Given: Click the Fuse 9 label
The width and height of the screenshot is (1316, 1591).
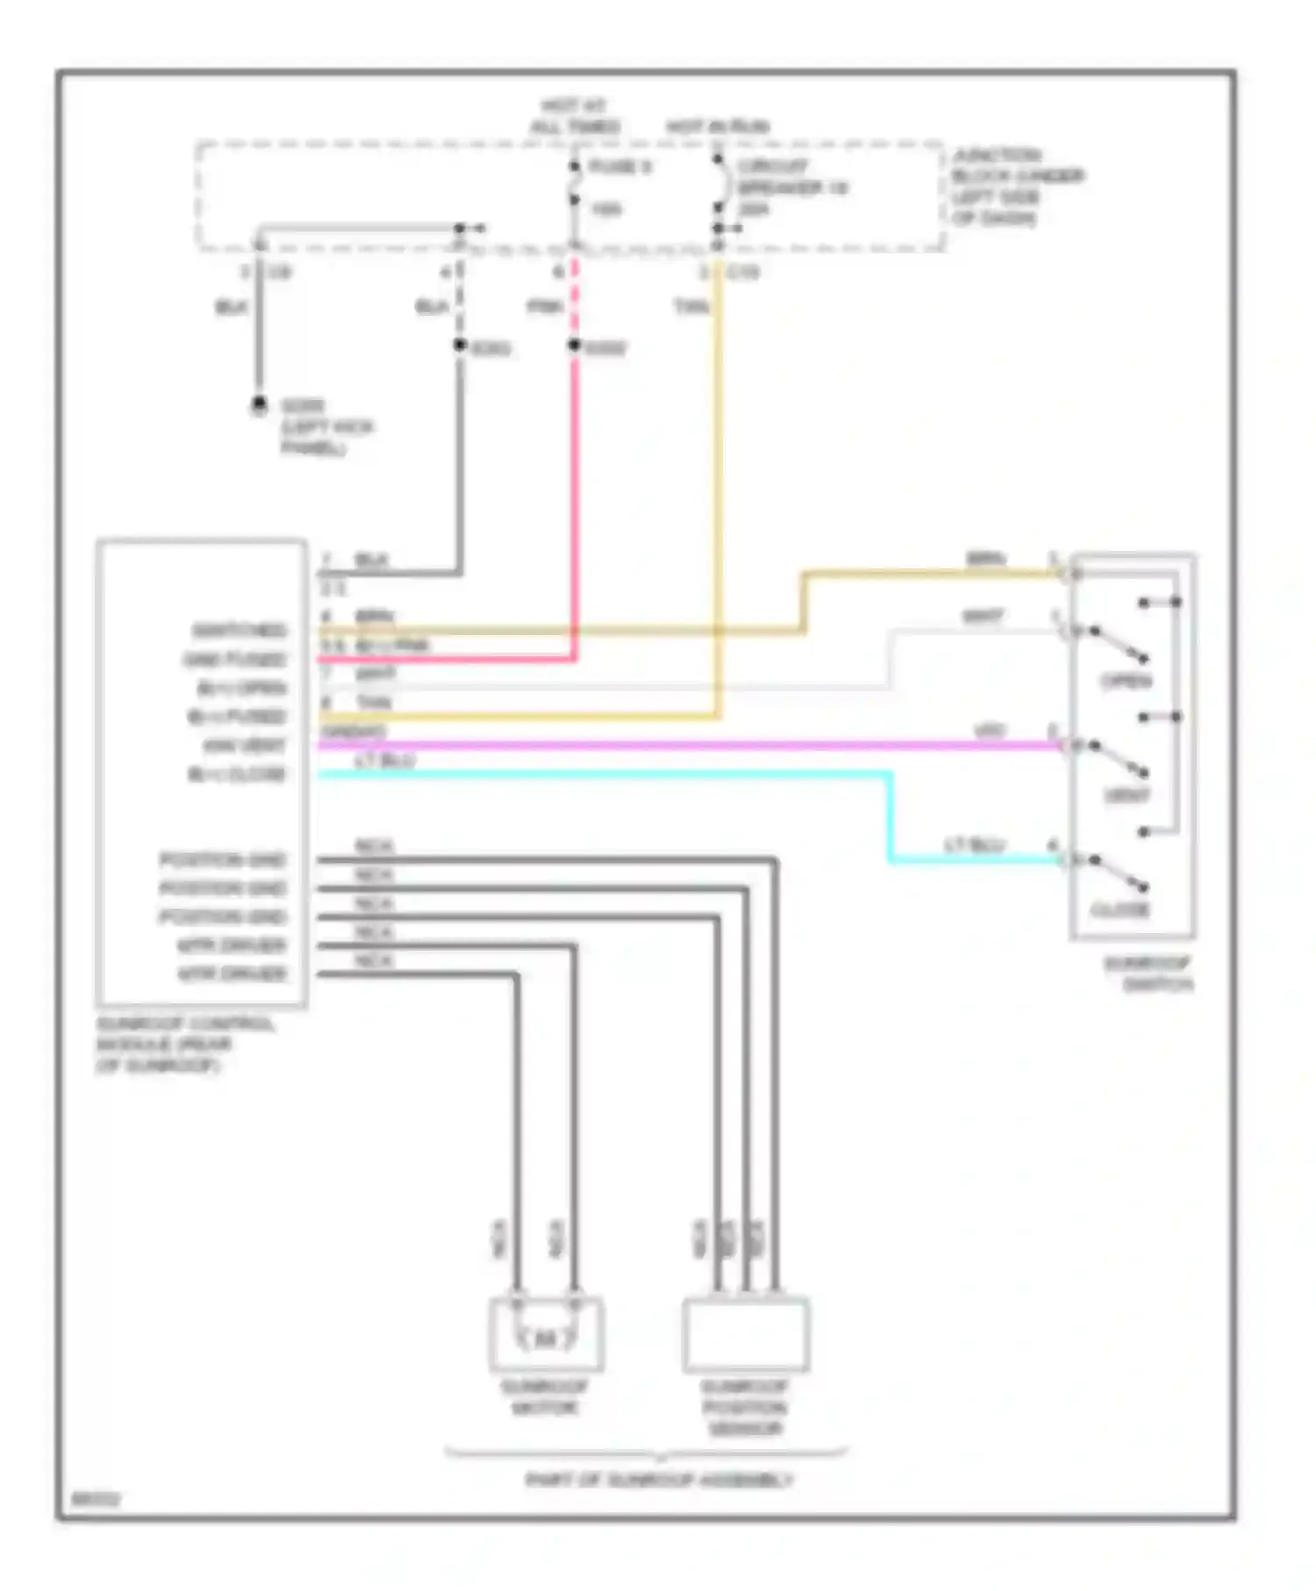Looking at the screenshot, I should (619, 167).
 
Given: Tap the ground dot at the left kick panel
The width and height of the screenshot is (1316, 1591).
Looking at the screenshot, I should (259, 405).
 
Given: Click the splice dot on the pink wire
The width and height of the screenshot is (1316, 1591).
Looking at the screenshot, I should (575, 346).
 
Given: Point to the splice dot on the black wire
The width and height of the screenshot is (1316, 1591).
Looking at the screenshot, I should (459, 346).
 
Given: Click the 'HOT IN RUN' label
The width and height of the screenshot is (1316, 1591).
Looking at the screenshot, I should (717, 126).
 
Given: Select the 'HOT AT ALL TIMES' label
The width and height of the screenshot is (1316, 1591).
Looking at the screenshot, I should (575, 117).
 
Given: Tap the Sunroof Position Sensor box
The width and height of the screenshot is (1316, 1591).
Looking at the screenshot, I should (745, 1334).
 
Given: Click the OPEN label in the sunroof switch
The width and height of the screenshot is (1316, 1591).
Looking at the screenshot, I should (1126, 681).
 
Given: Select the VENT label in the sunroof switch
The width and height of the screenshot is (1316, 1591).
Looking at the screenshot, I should (1126, 795).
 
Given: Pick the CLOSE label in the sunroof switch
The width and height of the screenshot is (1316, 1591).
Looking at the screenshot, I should (1120, 910).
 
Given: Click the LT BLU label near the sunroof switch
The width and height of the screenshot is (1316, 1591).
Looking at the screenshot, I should (974, 845).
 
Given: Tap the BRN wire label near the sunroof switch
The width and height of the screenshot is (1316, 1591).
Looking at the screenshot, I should (985, 559).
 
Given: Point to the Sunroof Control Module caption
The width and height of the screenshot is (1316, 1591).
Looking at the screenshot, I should (184, 1045).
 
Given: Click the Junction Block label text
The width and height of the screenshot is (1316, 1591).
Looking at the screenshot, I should (1018, 186).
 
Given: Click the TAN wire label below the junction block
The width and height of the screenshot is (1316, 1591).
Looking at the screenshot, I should (690, 306).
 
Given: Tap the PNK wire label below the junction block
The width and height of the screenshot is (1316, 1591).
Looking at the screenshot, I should (544, 306).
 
